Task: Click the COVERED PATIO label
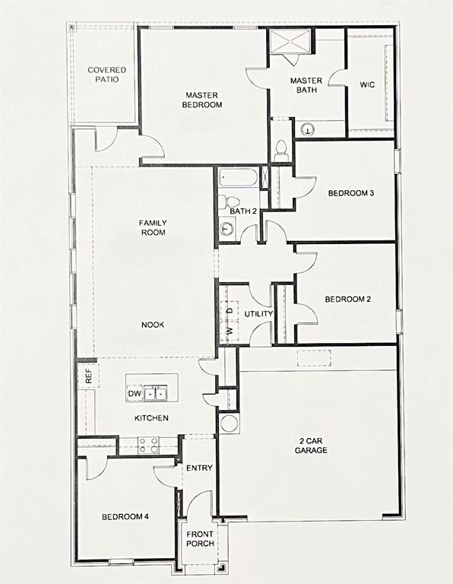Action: point(106,75)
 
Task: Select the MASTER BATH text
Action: point(306,85)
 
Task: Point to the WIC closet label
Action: point(367,85)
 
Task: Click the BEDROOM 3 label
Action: point(350,193)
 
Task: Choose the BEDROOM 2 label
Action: point(347,299)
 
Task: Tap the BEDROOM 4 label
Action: point(125,517)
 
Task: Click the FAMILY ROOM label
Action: point(153,227)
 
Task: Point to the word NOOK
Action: point(152,325)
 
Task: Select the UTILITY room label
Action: point(258,314)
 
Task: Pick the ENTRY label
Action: point(199,468)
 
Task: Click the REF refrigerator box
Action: point(88,375)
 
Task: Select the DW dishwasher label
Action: point(134,394)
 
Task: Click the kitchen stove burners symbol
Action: point(148,445)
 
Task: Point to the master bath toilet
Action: point(280,149)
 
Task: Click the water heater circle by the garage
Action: point(229,424)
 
